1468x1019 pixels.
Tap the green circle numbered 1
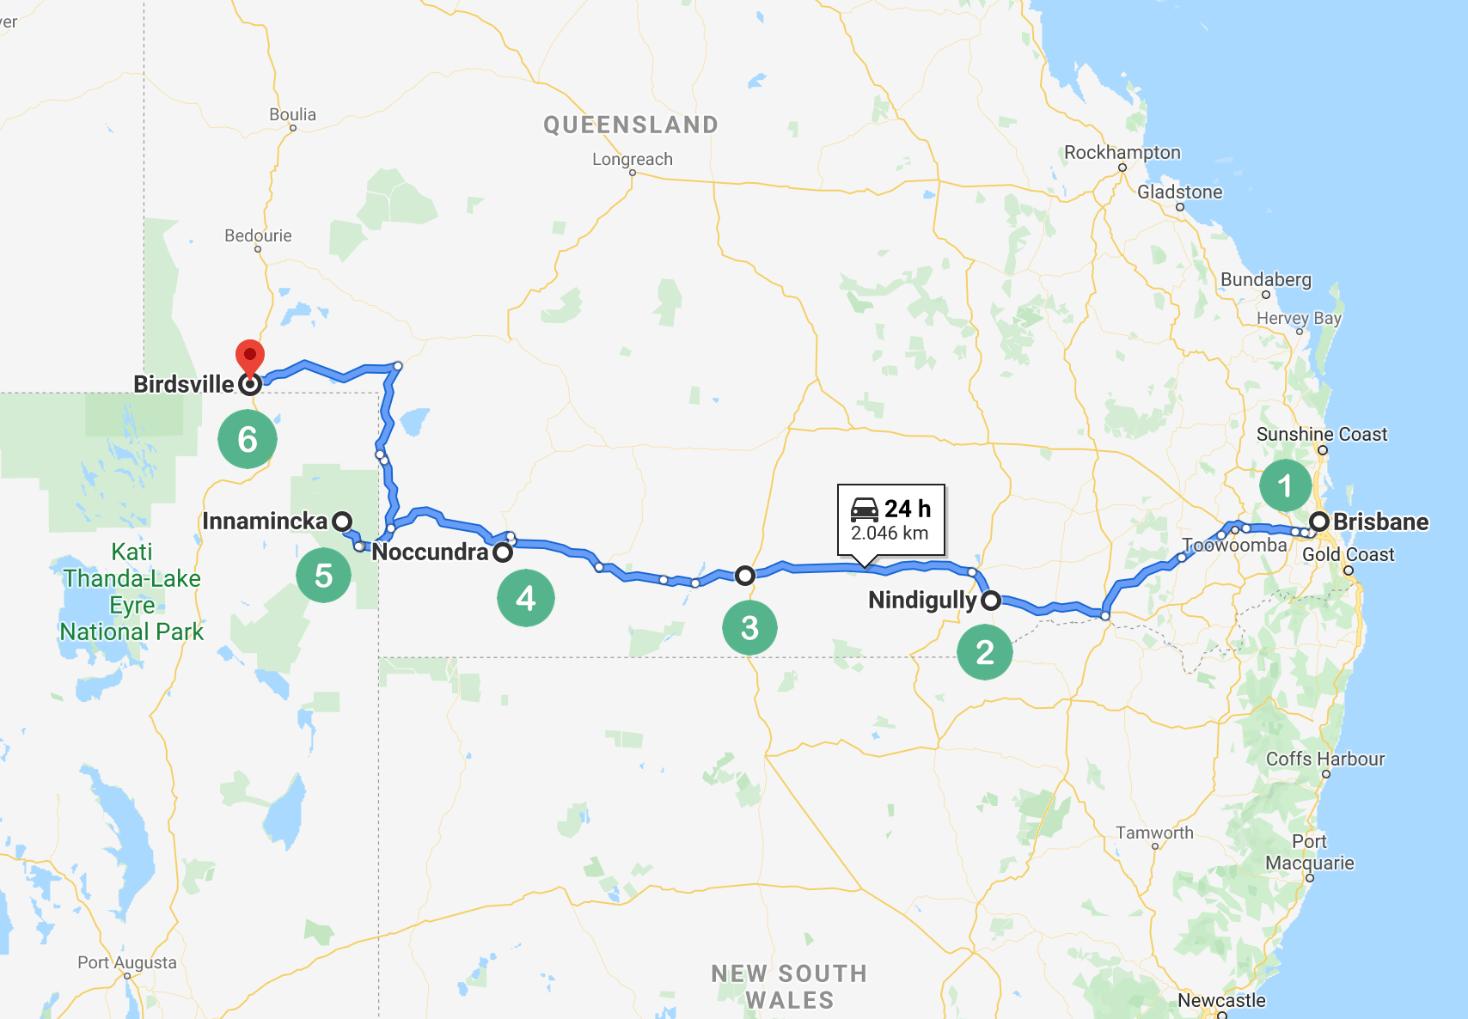(1285, 486)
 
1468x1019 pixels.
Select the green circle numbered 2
(985, 652)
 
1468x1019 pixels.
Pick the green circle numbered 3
(749, 627)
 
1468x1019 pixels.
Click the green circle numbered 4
(525, 598)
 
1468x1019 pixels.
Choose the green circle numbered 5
(323, 575)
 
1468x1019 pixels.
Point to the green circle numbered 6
(248, 439)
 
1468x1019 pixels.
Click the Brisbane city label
(1380, 522)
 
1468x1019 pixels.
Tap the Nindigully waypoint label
(922, 600)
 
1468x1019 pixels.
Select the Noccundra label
(430, 552)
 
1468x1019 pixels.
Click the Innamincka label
(265, 521)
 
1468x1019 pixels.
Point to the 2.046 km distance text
(890, 533)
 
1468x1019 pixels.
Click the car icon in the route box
(865, 509)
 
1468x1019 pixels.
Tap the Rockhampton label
(1122, 152)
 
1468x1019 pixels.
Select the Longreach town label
(632, 159)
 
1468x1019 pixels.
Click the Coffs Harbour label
(1325, 759)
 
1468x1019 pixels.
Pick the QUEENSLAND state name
(630, 125)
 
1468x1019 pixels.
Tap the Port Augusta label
(127, 962)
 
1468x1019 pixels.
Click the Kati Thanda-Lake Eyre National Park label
(132, 592)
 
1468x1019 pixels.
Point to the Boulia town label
(292, 114)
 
